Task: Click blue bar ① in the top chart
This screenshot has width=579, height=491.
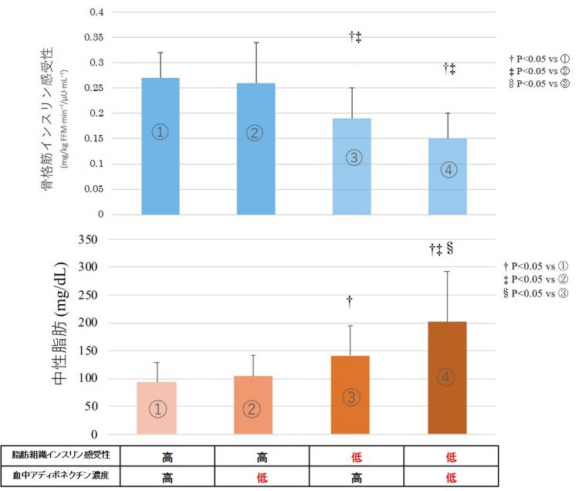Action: pyautogui.click(x=161, y=146)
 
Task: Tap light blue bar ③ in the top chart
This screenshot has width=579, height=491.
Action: pyautogui.click(x=351, y=167)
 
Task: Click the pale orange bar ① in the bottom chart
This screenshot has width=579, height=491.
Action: pyautogui.click(x=157, y=408)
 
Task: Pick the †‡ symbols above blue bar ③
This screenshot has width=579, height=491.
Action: pyautogui.click(x=355, y=36)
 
